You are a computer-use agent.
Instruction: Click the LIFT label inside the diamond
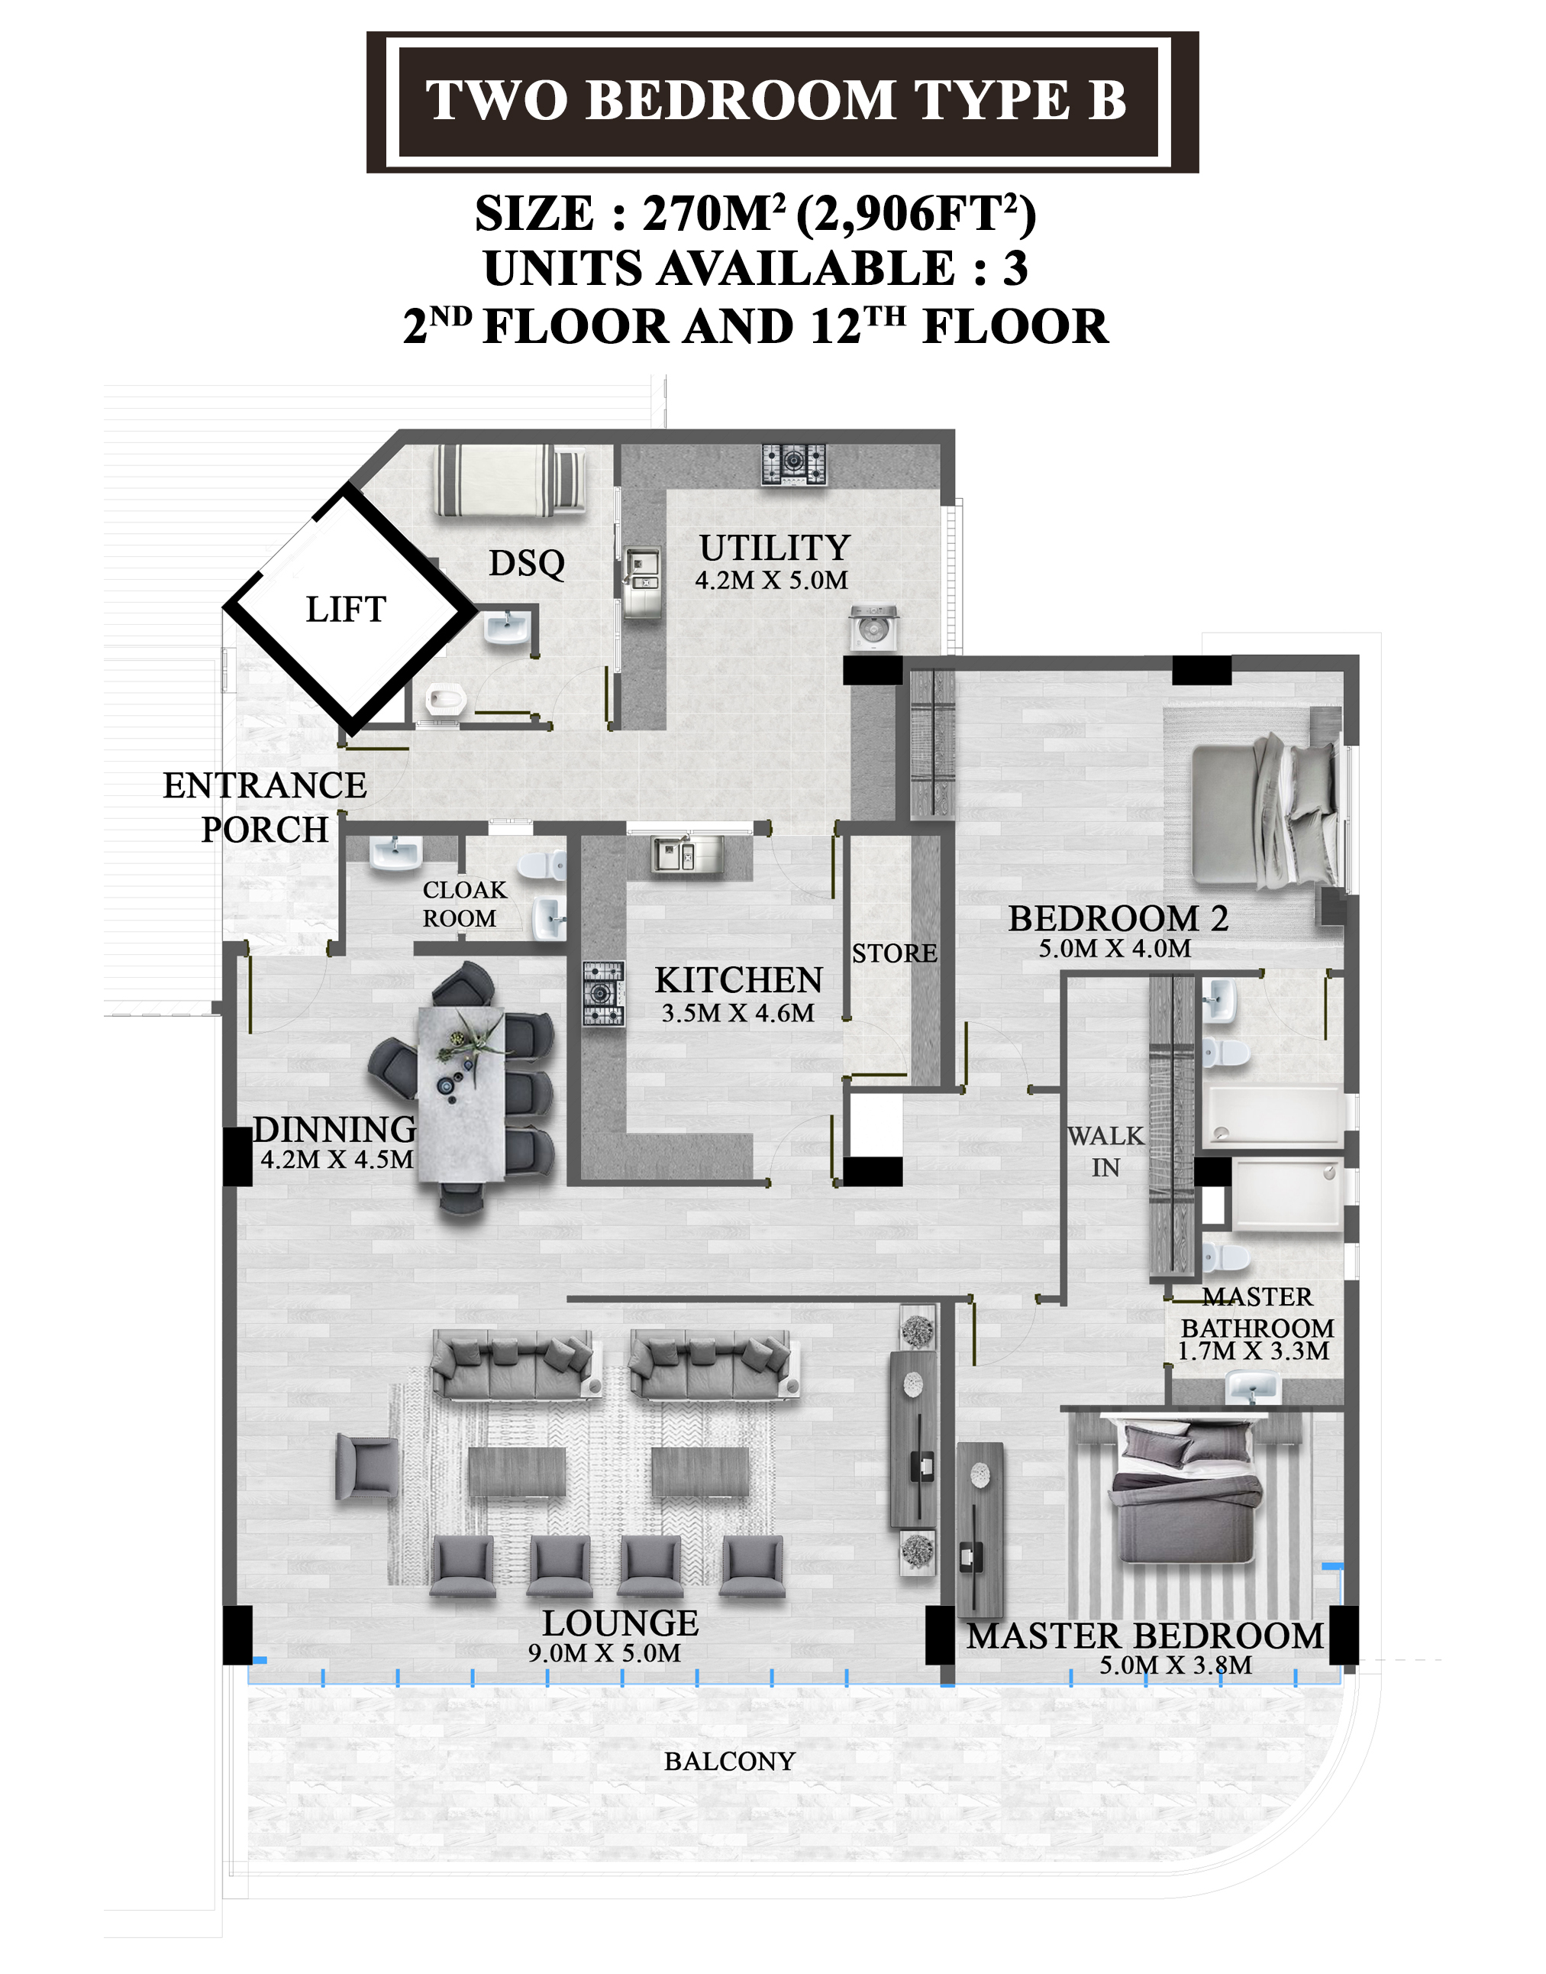[x=346, y=610]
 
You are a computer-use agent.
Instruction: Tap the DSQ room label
[x=527, y=563]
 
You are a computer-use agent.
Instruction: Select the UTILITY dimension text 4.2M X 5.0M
[x=771, y=581]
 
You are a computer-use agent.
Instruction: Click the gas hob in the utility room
[x=794, y=464]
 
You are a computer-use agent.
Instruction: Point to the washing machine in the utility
[x=873, y=629]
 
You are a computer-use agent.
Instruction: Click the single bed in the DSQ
[x=511, y=480]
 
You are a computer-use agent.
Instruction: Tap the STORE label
[x=894, y=953]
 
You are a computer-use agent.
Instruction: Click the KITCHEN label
[x=738, y=981]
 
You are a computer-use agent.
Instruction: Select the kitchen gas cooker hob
[x=603, y=993]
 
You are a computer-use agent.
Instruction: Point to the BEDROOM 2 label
[x=1118, y=919]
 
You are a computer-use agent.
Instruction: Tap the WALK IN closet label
[x=1105, y=1152]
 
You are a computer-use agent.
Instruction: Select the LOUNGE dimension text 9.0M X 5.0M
[x=605, y=1653]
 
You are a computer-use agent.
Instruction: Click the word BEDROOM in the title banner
[x=741, y=99]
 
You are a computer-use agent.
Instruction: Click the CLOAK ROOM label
[x=464, y=904]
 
